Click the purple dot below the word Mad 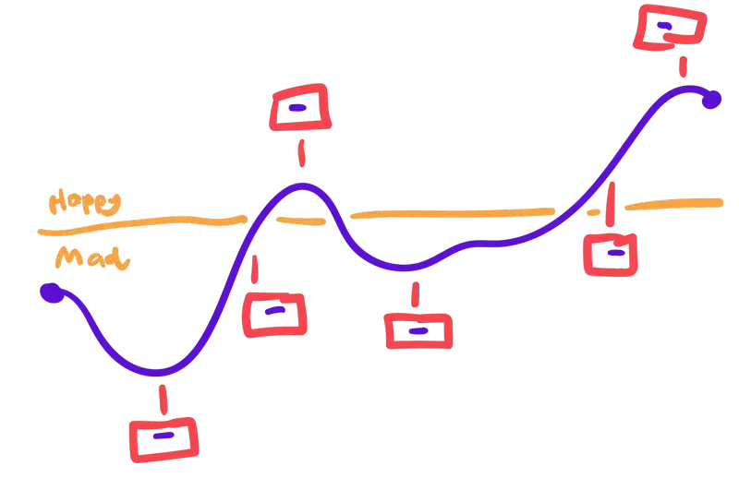[x=50, y=293]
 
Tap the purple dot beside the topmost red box [x=709, y=99]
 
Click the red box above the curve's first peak [x=299, y=109]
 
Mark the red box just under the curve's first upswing [x=273, y=313]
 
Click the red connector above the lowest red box [x=164, y=400]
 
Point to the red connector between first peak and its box [x=300, y=150]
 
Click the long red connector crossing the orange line [x=612, y=204]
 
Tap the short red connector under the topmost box [x=683, y=66]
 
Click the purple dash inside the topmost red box [x=667, y=27]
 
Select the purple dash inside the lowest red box [x=164, y=436]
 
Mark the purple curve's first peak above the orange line [x=300, y=185]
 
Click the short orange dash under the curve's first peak [x=301, y=221]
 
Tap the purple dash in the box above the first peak [x=297, y=108]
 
